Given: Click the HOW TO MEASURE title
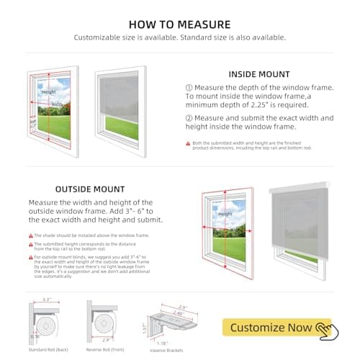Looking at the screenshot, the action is (180, 24).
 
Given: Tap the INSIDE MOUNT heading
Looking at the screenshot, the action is (259, 73).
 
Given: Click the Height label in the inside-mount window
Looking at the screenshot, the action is (48, 92).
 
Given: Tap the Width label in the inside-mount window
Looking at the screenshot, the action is (56, 104).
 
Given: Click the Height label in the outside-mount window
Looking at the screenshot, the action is (225, 214).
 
